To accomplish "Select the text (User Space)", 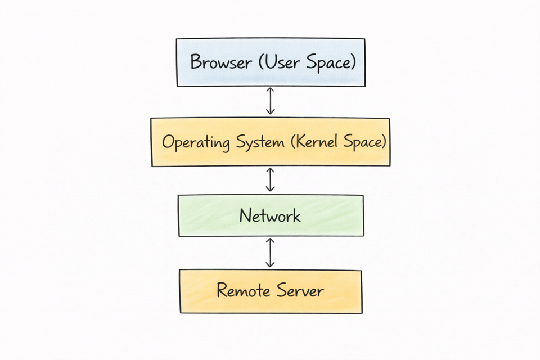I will pyautogui.click(x=307, y=62).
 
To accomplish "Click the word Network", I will pyautogui.click(x=270, y=216).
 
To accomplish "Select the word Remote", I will pyautogui.click(x=241, y=291).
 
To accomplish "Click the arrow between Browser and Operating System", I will pyautogui.click(x=271, y=102).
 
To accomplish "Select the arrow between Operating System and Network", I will pyautogui.click(x=271, y=180).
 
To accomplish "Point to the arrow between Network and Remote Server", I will pyautogui.click(x=271, y=253).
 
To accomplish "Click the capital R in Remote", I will pyautogui.click(x=222, y=291).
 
